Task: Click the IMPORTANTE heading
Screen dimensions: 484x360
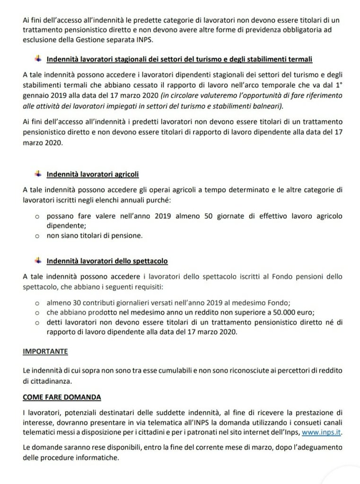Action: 45,352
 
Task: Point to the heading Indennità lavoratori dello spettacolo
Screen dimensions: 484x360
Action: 107,261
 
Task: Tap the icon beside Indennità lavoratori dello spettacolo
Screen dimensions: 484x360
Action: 38,260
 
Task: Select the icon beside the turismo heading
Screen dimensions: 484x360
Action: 38,59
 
